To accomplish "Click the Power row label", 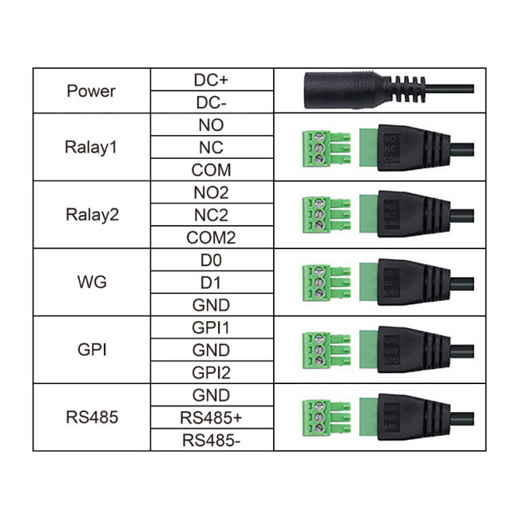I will click(91, 91).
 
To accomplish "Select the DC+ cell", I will click(211, 80).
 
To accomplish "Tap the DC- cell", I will click(211, 103).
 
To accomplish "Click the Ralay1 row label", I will click(91, 148).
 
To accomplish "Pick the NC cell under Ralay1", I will click(211, 148).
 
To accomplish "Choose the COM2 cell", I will click(211, 238).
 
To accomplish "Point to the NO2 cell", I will click(211, 192).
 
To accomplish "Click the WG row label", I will click(91, 283).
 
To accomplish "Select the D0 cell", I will click(211, 260).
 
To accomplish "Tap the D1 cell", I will click(211, 283).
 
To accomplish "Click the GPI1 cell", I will click(211, 327).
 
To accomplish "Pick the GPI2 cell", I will click(211, 373).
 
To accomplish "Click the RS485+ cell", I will click(211, 418).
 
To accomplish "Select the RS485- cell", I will click(211, 440).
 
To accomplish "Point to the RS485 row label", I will click(91, 418).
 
